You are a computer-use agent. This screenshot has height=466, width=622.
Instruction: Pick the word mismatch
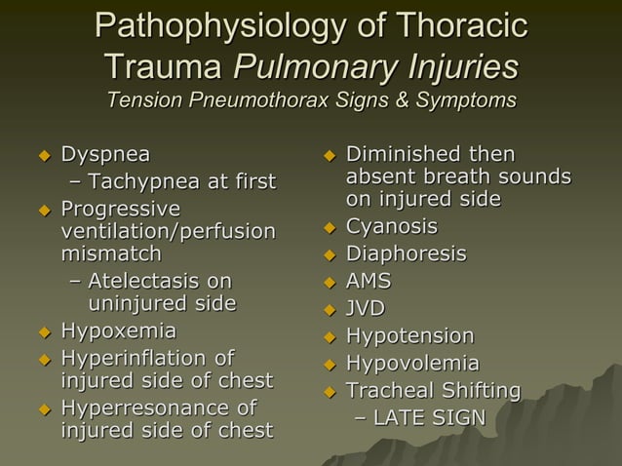(x=111, y=254)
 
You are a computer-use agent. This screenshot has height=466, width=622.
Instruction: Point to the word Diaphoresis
(x=407, y=254)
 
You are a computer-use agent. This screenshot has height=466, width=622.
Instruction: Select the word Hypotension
(x=410, y=336)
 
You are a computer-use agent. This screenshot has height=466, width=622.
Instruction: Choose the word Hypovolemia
(x=413, y=364)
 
